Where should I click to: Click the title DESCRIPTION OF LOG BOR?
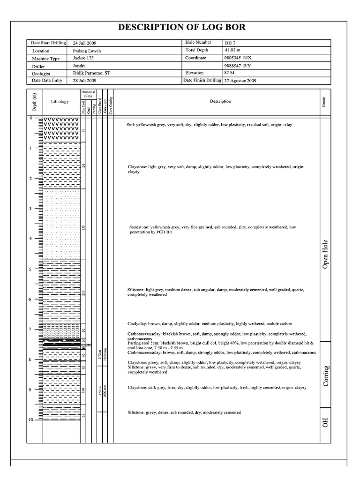click(181, 28)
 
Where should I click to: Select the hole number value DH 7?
click(230, 43)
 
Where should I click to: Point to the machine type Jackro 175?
click(83, 58)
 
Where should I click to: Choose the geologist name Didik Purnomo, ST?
click(91, 73)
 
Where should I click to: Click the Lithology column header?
click(60, 101)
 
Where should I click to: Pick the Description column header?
click(220, 101)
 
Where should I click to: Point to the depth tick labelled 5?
click(30, 269)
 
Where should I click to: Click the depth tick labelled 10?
click(30, 420)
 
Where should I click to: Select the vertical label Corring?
click(325, 375)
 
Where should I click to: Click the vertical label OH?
click(325, 423)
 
